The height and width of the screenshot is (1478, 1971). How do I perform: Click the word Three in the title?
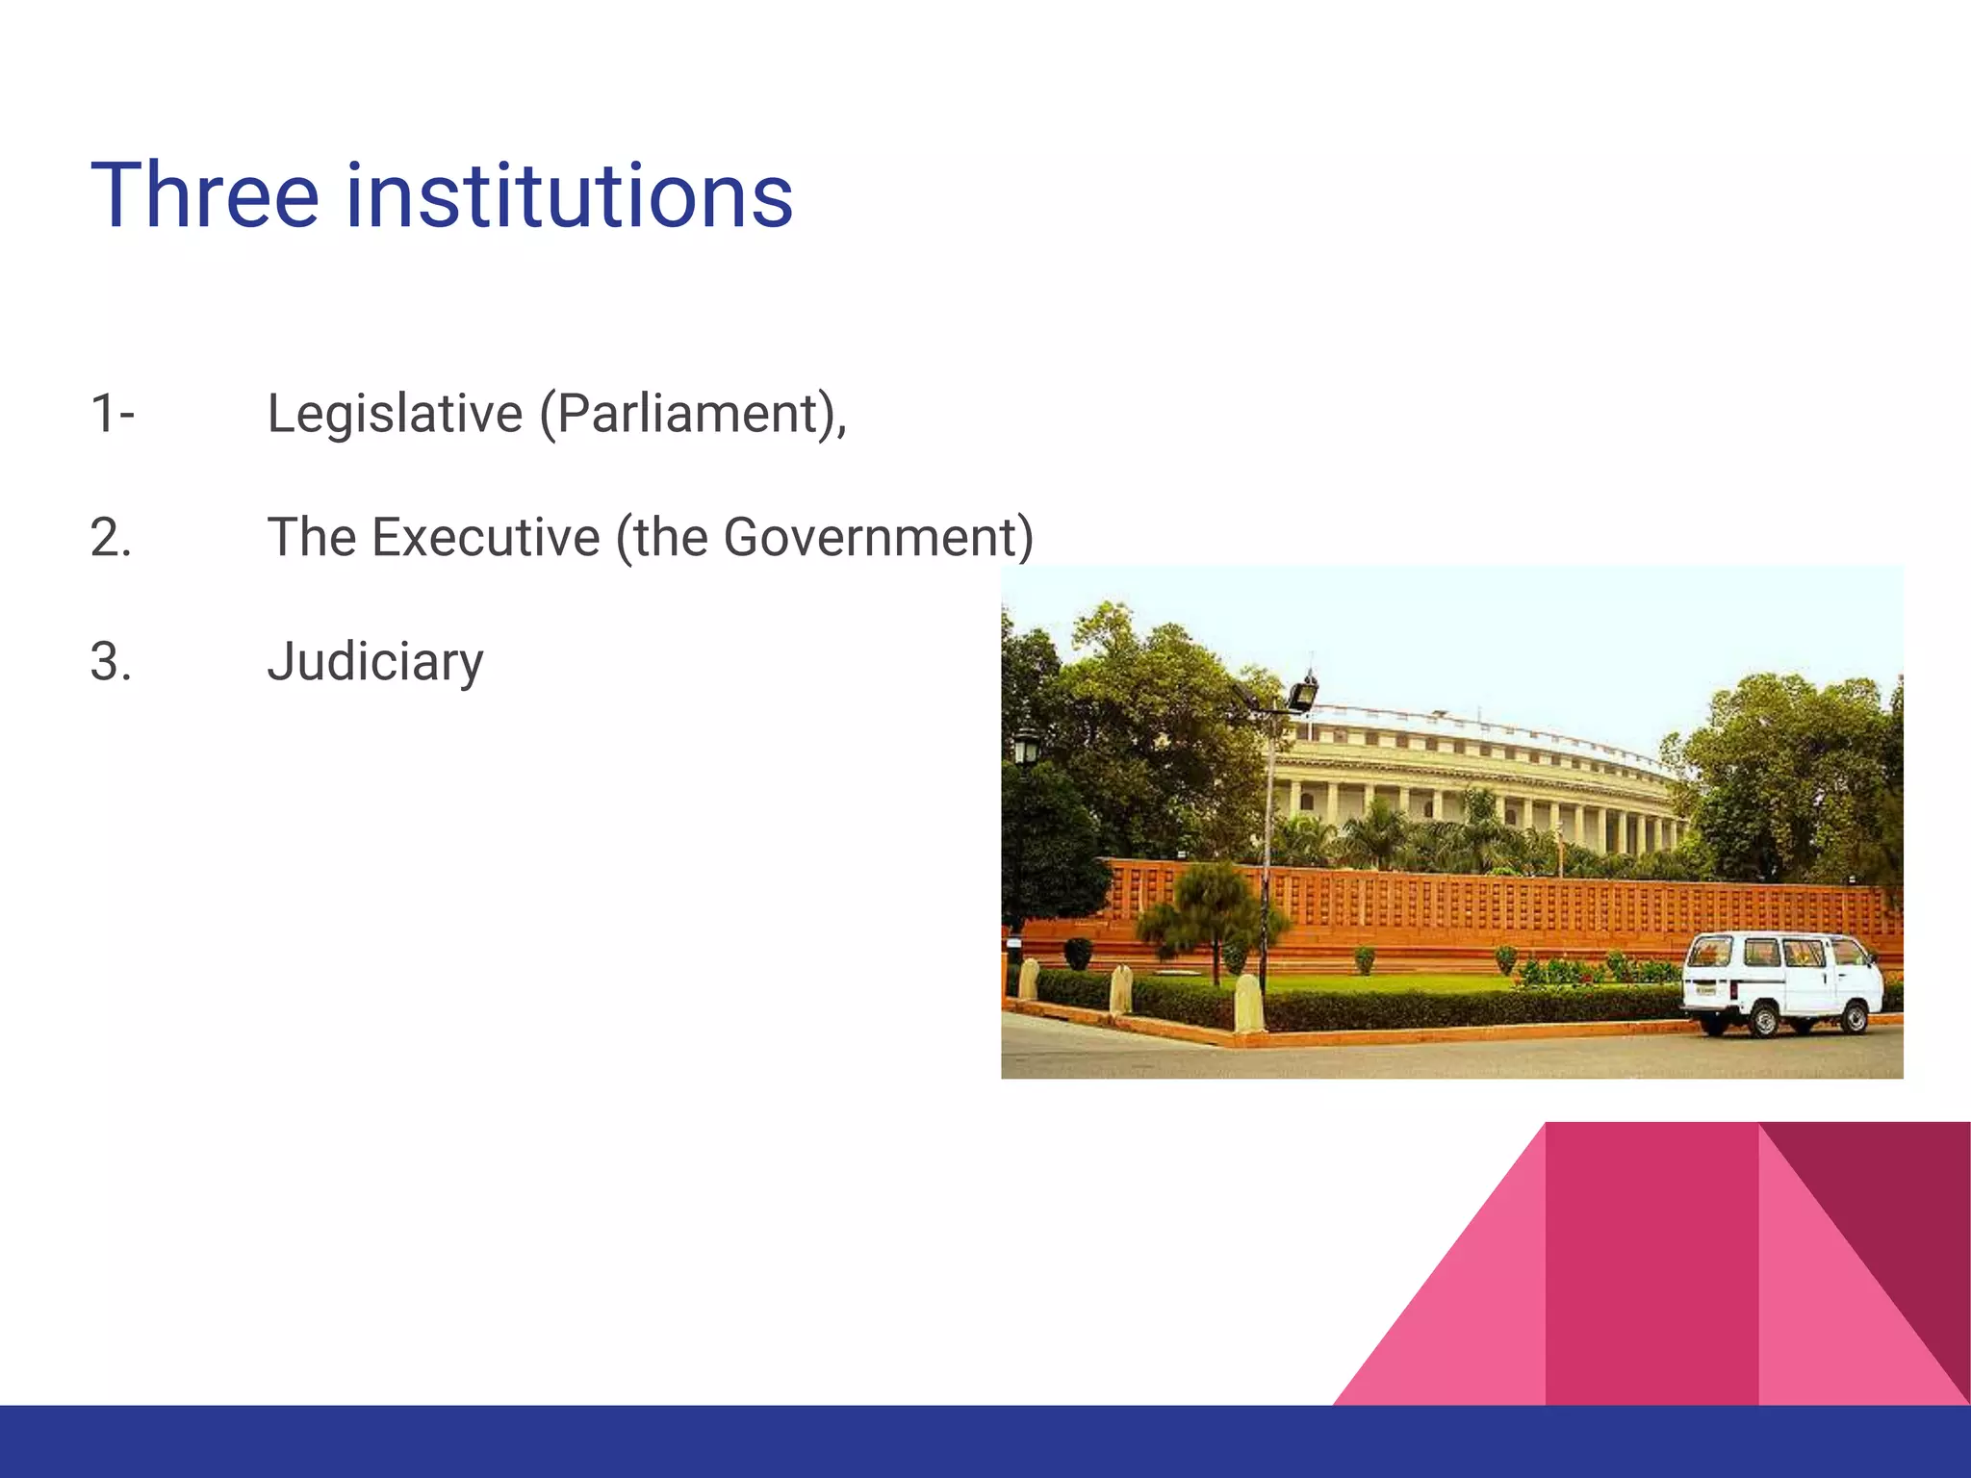(x=204, y=196)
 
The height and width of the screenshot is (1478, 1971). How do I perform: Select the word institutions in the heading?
(x=569, y=196)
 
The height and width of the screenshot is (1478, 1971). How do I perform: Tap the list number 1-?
(x=113, y=414)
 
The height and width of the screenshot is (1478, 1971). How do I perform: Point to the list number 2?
(x=111, y=538)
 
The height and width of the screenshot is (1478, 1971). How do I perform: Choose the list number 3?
(x=111, y=662)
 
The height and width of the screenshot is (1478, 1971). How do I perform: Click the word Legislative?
(x=395, y=414)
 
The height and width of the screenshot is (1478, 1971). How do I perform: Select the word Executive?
(x=486, y=537)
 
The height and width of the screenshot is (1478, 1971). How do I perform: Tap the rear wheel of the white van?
(x=1764, y=1018)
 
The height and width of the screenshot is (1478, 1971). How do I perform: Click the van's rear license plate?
(x=1705, y=989)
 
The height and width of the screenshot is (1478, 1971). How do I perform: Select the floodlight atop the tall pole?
(x=1303, y=693)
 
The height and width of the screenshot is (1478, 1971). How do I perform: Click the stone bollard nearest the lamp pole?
(x=1247, y=1003)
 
